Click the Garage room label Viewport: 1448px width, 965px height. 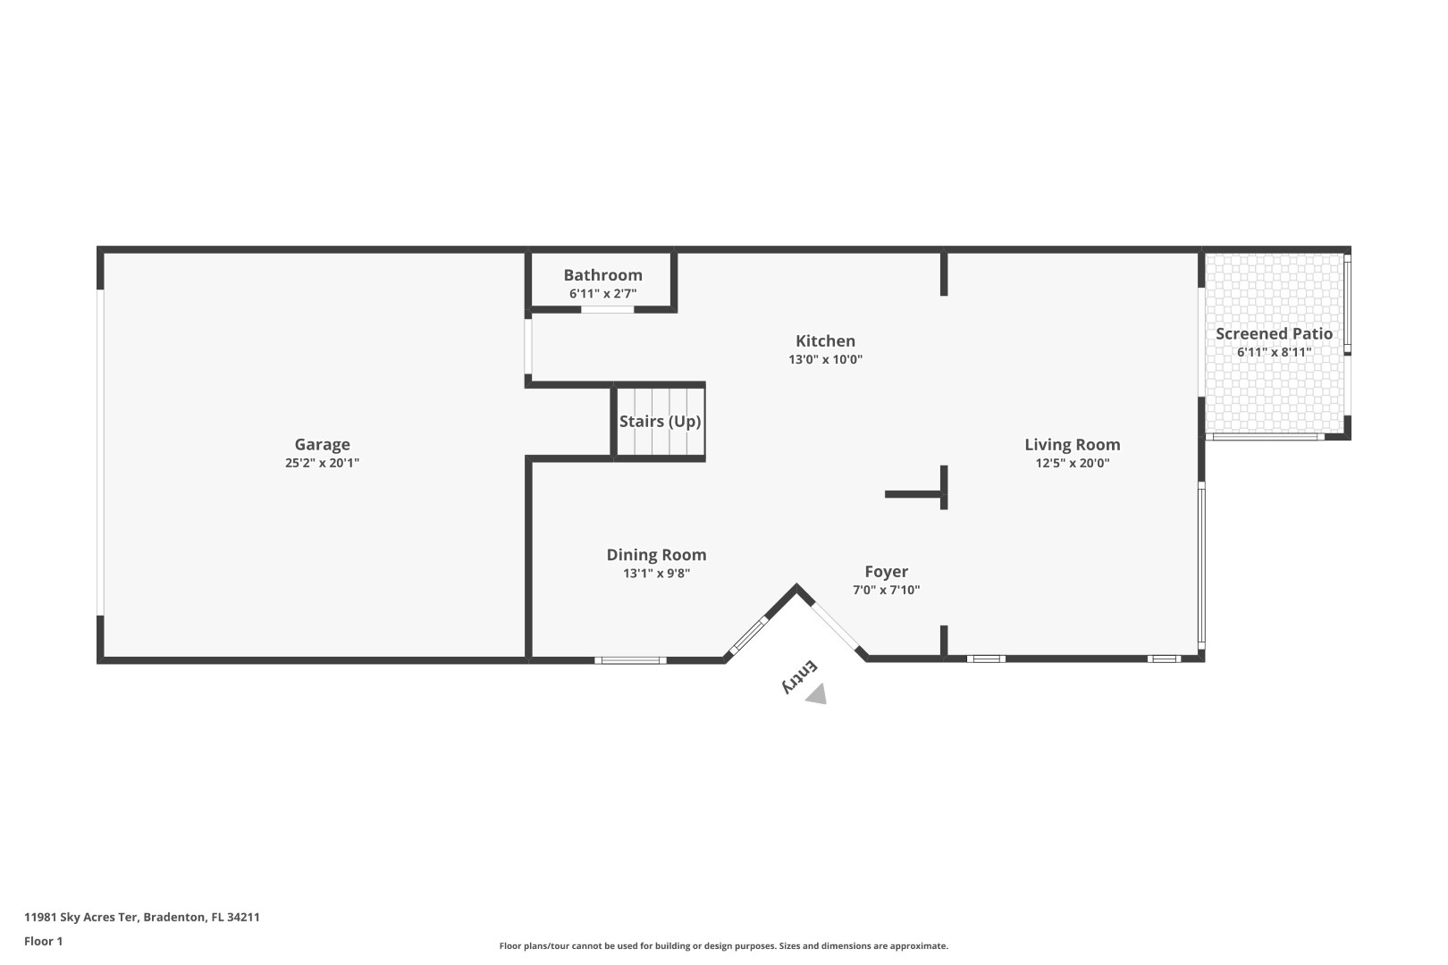click(322, 444)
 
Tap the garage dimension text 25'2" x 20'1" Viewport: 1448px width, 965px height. click(322, 463)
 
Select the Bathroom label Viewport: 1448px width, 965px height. click(602, 275)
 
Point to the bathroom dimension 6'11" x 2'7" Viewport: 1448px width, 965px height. click(602, 293)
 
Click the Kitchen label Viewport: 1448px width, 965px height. click(825, 340)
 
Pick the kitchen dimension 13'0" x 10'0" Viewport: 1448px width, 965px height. click(825, 359)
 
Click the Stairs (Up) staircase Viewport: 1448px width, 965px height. click(660, 422)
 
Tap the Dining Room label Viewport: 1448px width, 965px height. click(656, 555)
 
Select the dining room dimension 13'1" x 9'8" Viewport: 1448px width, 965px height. click(656, 574)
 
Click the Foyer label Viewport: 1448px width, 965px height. click(886, 572)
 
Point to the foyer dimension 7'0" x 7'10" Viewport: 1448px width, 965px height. click(886, 590)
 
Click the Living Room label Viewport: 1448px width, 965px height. click(1072, 444)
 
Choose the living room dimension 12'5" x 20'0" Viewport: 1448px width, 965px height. click(1072, 463)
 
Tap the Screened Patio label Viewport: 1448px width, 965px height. click(1274, 333)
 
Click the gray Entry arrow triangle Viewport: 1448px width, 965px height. click(816, 695)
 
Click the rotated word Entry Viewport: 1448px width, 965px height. click(799, 675)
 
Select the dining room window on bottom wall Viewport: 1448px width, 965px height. click(630, 660)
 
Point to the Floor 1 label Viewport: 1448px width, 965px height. click(43, 941)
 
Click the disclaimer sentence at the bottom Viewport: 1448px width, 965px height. click(723, 945)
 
